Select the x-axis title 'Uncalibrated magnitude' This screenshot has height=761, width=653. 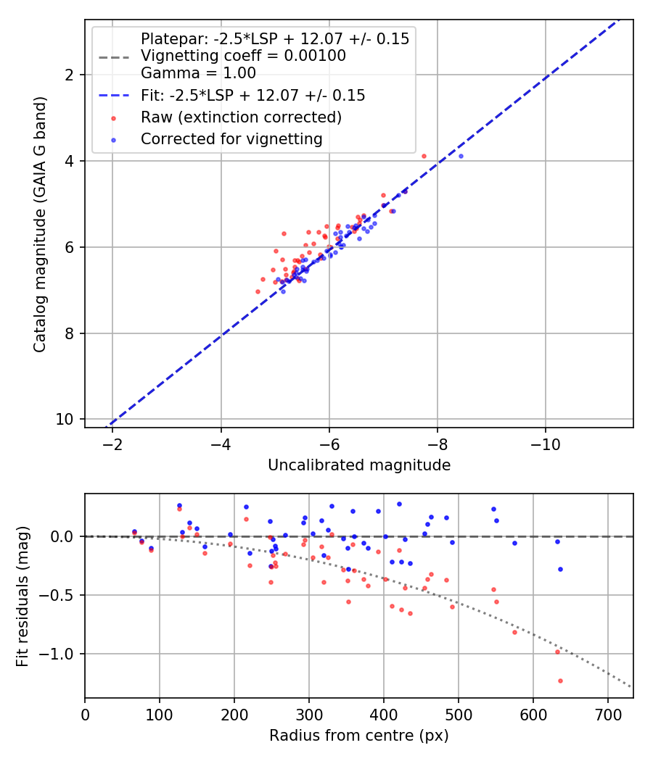click(359, 465)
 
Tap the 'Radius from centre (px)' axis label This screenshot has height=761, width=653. click(359, 736)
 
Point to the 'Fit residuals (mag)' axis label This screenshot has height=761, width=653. click(23, 596)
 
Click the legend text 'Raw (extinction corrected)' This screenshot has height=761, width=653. click(241, 117)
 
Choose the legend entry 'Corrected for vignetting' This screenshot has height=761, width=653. click(231, 138)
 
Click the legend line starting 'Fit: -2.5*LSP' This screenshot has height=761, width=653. click(252, 95)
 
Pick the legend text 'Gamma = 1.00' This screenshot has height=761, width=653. click(198, 72)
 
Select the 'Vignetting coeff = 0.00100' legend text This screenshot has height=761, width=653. click(243, 56)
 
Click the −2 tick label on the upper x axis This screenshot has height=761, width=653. click(112, 444)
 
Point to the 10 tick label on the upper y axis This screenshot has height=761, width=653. click(69, 420)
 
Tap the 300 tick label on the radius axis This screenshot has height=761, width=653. click(308, 715)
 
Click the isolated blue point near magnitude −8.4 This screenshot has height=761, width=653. click(461, 156)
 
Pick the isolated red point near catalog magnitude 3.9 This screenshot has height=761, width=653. click(424, 156)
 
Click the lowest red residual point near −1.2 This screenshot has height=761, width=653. click(560, 681)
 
